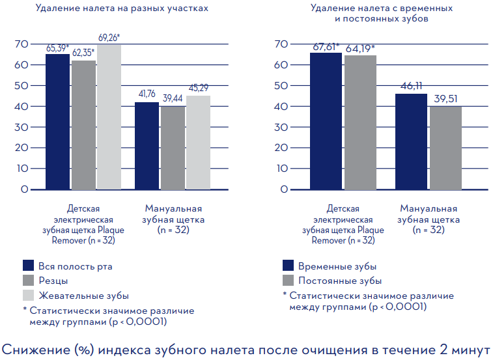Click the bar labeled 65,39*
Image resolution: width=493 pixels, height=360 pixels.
pos(57,122)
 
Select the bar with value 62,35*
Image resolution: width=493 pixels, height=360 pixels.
pos(83,125)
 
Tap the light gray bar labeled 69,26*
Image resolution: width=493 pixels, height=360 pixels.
pos(109,117)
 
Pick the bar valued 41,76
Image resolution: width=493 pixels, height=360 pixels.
pos(147,146)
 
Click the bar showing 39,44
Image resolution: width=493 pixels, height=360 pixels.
pos(173,148)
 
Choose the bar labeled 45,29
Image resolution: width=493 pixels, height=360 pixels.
pos(198,143)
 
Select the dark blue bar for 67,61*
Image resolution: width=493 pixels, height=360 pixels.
pos(325,121)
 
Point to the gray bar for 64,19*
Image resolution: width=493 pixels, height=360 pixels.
pos(360,122)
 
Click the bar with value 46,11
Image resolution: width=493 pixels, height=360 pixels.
pos(411,142)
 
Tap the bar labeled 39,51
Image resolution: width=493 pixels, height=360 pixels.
pos(446,148)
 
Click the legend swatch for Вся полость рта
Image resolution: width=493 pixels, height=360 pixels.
pos(28,266)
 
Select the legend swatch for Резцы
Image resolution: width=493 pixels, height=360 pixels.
pos(28,281)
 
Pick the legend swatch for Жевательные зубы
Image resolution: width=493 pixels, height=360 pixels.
pos(28,296)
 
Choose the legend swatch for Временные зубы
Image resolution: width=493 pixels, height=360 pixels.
pos(288,266)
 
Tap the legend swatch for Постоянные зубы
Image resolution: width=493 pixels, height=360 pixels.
pos(288,281)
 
